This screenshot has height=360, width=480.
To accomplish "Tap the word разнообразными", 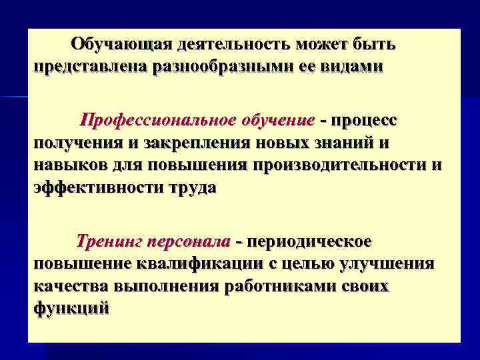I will [227, 67].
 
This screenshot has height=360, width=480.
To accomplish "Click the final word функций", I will [70, 307].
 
